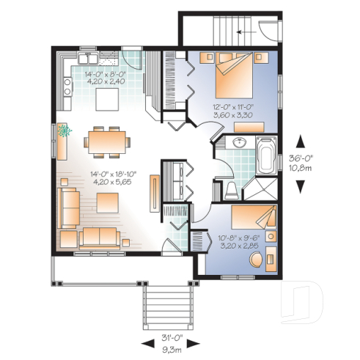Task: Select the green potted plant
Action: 65,131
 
